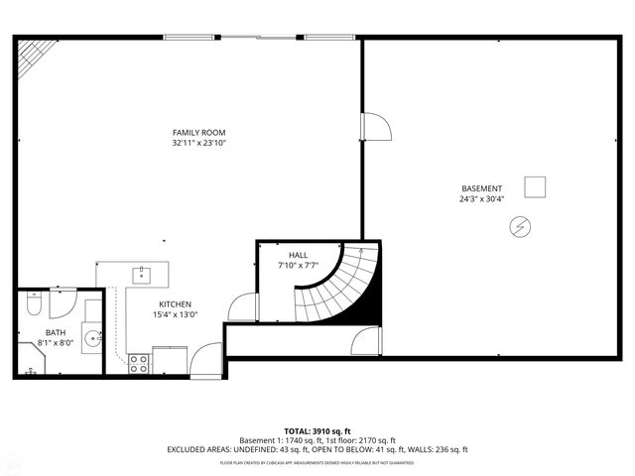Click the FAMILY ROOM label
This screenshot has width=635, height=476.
199,133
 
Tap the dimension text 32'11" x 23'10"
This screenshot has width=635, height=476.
199,144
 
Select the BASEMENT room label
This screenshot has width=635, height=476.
481,188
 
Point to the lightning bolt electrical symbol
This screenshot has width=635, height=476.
519,229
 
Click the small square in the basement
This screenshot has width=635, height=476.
536,186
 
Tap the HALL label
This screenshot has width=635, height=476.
298,255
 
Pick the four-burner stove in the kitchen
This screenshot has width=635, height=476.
139,364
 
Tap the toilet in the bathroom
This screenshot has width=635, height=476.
34,305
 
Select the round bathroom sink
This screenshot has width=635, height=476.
91,338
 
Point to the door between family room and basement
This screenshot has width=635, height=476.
376,126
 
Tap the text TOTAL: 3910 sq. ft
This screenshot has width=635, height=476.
317,430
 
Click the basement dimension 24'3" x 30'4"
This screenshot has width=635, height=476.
481,199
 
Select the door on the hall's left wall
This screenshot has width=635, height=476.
243,308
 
